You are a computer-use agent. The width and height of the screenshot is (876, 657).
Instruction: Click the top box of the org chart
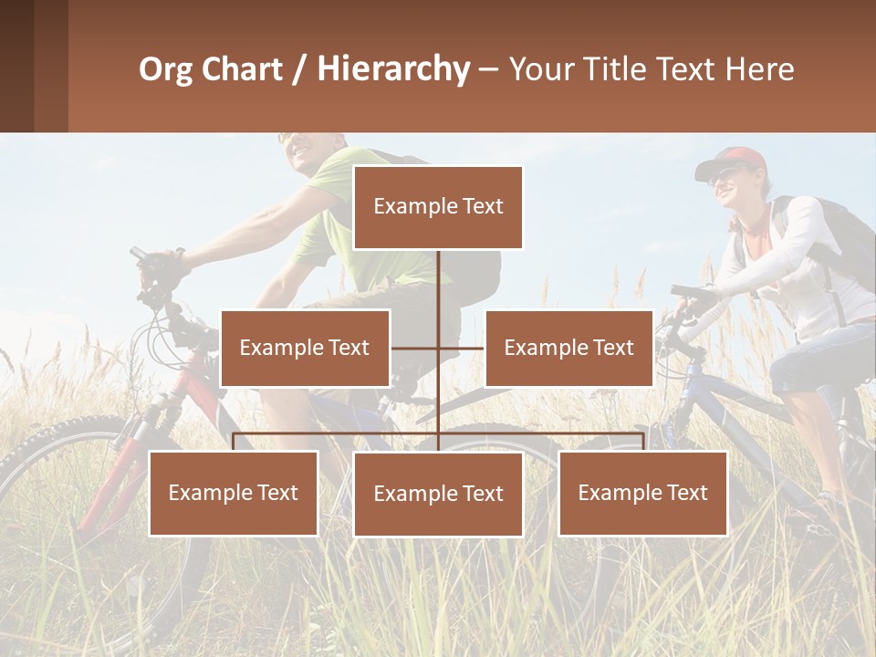pyautogui.click(x=438, y=207)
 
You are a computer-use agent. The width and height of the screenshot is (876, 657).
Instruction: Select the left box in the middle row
pyautogui.click(x=305, y=348)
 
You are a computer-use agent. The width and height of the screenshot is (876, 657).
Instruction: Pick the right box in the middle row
pyautogui.click(x=568, y=348)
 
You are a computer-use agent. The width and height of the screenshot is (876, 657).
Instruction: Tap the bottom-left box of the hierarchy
pyautogui.click(x=234, y=493)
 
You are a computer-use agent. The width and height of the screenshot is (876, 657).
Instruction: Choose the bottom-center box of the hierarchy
pyautogui.click(x=438, y=494)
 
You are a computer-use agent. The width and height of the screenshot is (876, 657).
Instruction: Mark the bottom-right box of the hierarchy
pyautogui.click(x=642, y=493)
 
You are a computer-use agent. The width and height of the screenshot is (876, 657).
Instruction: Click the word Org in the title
pyautogui.click(x=168, y=69)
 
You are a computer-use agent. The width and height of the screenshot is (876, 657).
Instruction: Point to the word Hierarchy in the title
pyautogui.click(x=393, y=69)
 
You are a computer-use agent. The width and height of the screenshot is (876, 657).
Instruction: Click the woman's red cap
pyautogui.click(x=735, y=161)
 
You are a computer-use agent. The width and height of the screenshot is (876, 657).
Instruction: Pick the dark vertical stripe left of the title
pyautogui.click(x=51, y=66)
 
